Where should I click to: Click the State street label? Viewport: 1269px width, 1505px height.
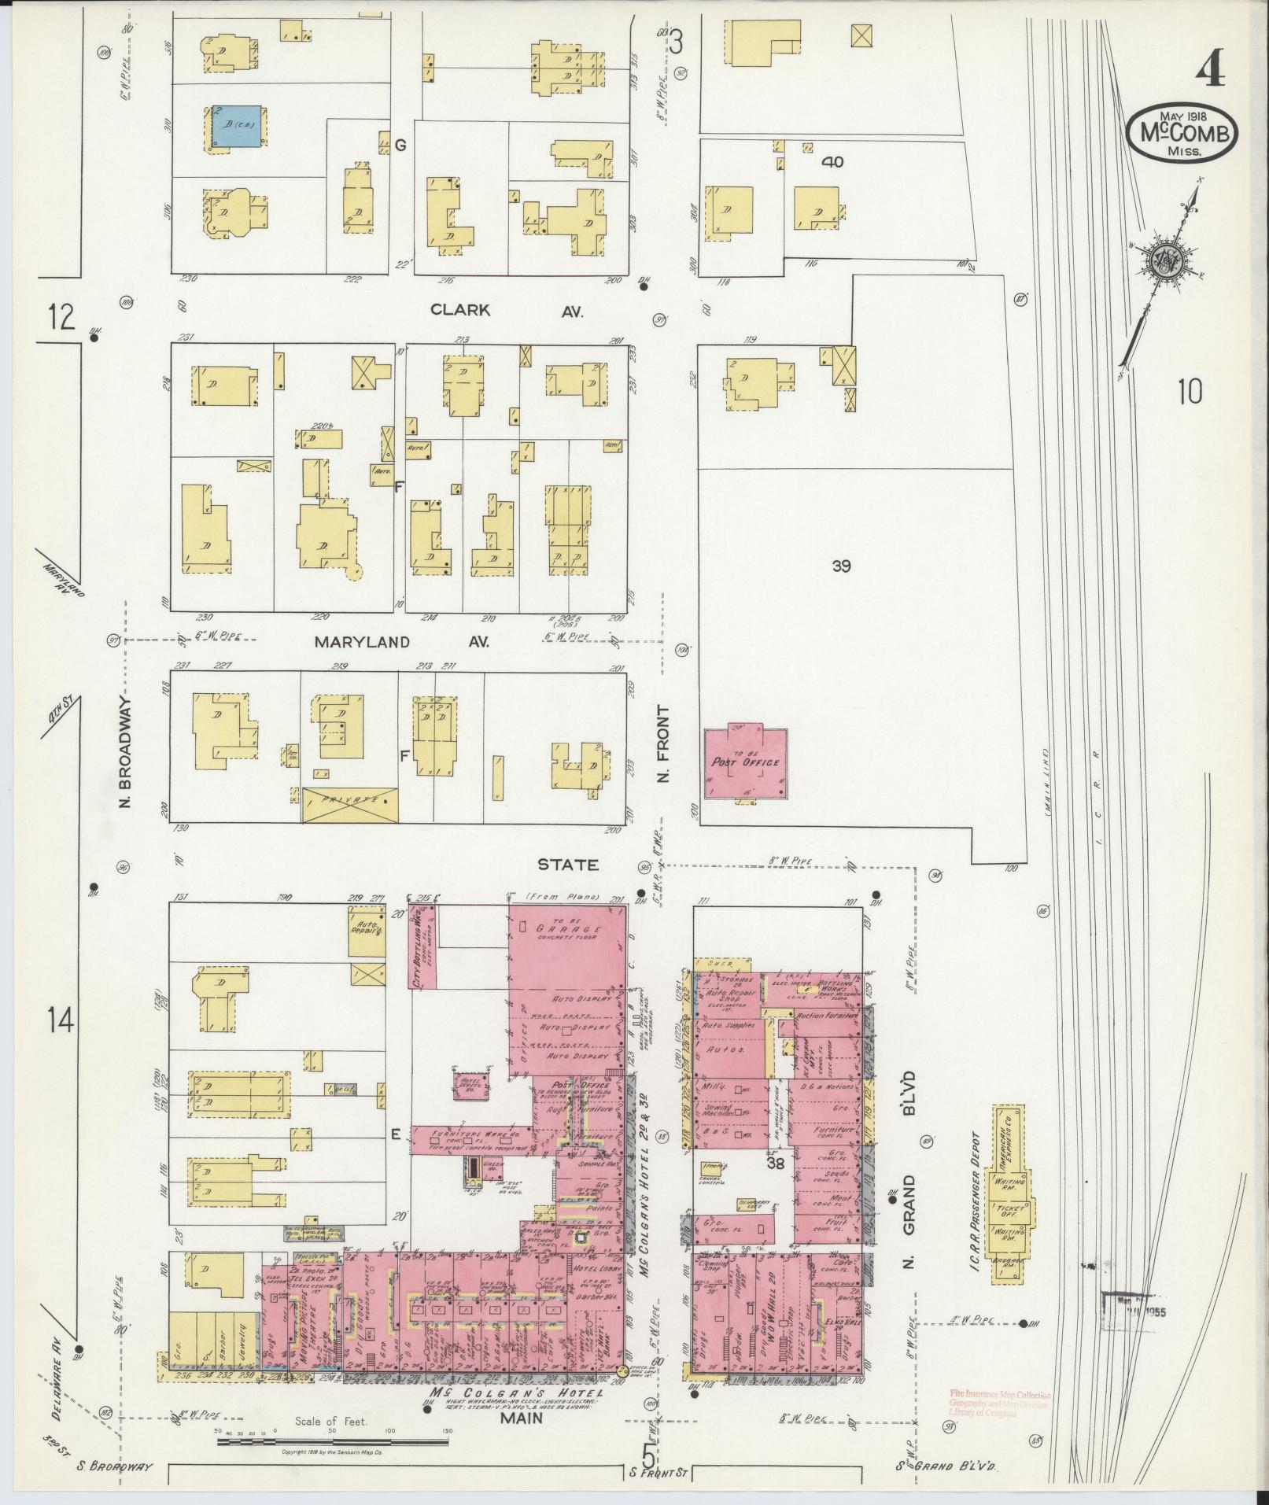coord(567,865)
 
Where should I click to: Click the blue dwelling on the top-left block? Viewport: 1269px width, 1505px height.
coord(239,127)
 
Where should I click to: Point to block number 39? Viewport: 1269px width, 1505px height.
coord(841,565)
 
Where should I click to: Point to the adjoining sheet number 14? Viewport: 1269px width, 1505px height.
coord(61,1021)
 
